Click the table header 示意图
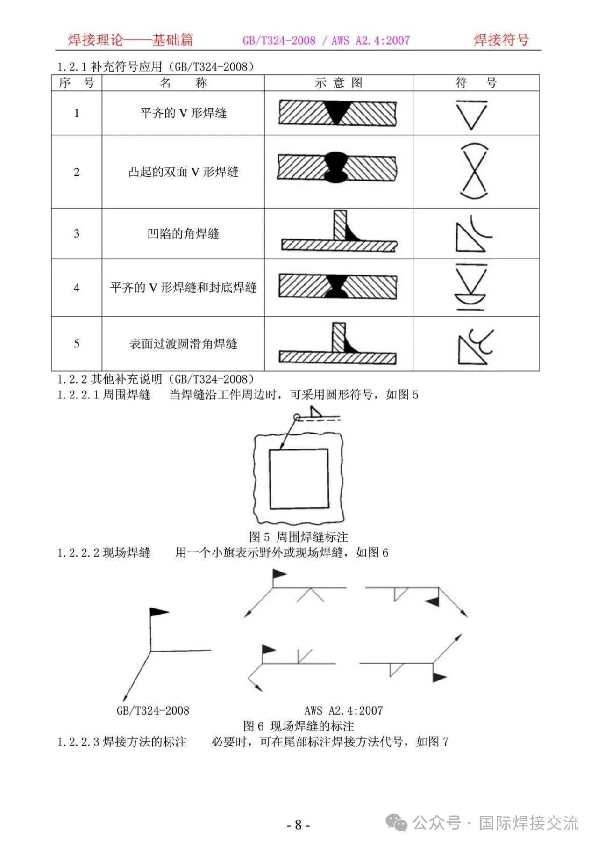click(338, 83)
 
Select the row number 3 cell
click(77, 233)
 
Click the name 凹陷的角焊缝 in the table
click(183, 233)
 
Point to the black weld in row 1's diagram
click(336, 112)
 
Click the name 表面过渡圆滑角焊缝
click(183, 344)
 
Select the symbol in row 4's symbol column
click(471, 287)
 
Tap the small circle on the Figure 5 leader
click(296, 417)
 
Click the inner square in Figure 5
click(298, 478)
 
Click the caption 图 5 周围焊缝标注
click(299, 536)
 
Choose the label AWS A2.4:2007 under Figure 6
click(343, 710)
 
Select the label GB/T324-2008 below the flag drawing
click(153, 710)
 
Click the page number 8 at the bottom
click(299, 825)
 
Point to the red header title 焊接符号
click(501, 40)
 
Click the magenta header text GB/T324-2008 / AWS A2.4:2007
click(326, 41)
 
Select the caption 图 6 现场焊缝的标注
click(299, 726)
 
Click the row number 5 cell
click(77, 344)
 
